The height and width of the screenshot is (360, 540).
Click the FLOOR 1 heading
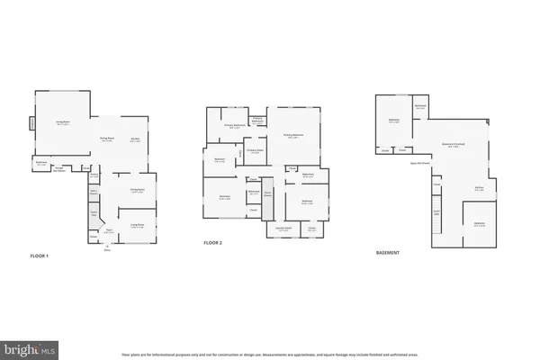40,256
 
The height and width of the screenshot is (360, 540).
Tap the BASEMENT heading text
388,253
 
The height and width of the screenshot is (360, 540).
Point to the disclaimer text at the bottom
269,354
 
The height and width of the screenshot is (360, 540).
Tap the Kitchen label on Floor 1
135,139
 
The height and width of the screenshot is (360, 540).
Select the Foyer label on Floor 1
107,230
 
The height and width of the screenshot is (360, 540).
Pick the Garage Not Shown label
62,168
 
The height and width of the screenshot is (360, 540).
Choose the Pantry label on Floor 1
94,176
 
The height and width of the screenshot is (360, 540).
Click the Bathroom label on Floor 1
41,164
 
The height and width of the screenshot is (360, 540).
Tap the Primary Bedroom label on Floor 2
293,136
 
